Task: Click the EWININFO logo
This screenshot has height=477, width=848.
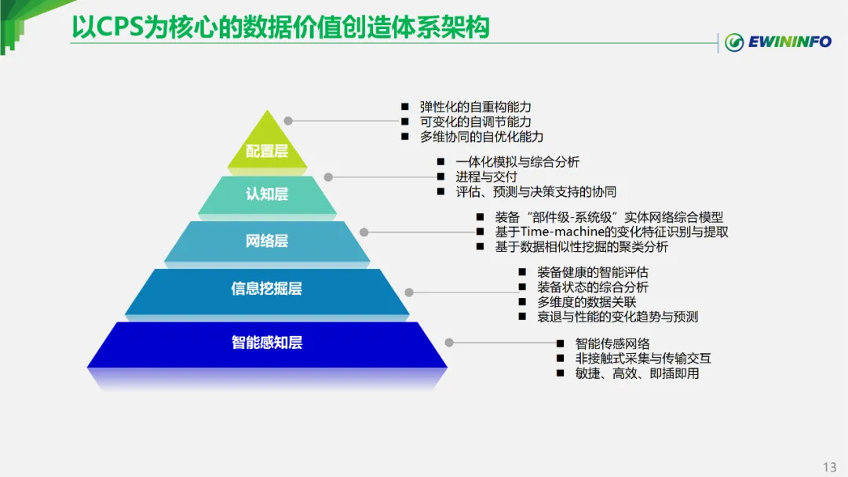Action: pos(777,42)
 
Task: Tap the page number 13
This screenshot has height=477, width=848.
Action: pos(829,467)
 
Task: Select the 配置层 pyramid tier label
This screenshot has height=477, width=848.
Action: pos(267,151)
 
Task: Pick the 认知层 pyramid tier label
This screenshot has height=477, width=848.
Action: pos(267,194)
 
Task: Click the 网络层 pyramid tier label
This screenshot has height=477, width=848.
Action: pos(267,241)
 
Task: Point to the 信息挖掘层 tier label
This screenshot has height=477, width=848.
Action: pos(267,289)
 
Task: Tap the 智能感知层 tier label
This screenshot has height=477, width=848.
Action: pos(267,342)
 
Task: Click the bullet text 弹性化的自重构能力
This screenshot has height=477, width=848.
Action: pos(476,107)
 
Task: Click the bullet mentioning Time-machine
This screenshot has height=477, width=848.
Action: pos(611,232)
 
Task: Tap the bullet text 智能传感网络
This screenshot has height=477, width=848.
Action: pos(612,344)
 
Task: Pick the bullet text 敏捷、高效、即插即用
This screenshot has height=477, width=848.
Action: pos(637,373)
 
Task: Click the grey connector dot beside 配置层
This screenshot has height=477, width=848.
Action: pos(288,121)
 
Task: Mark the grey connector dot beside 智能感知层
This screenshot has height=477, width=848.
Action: pos(449,342)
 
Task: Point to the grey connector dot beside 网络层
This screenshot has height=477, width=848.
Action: pos(364,231)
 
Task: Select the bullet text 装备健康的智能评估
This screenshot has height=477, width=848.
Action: pos(593,272)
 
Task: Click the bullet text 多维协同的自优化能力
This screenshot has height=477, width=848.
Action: pos(481,137)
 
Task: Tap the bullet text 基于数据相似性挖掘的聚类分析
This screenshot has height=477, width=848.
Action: pos(581,246)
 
